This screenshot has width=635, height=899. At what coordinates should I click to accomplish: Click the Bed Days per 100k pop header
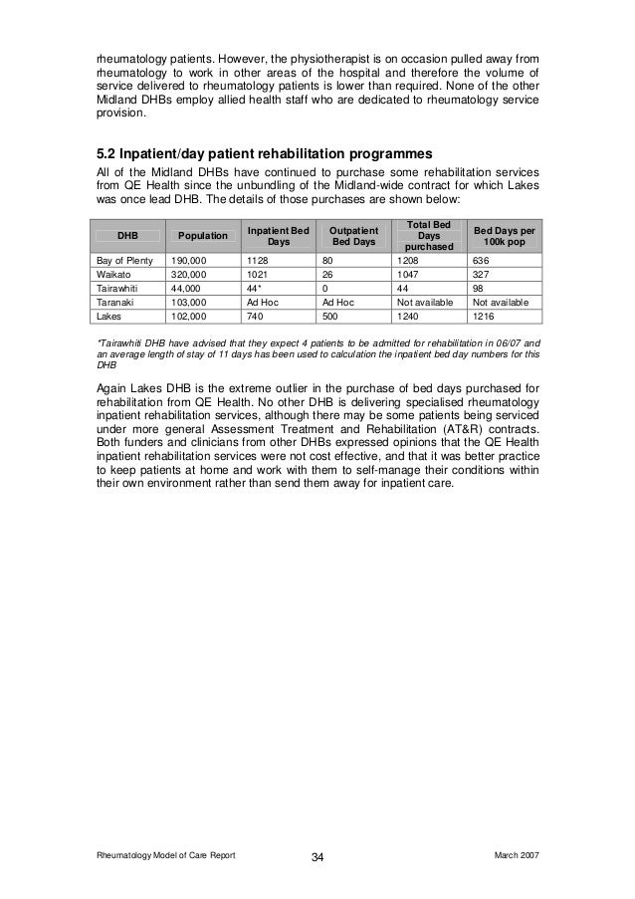(x=505, y=235)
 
